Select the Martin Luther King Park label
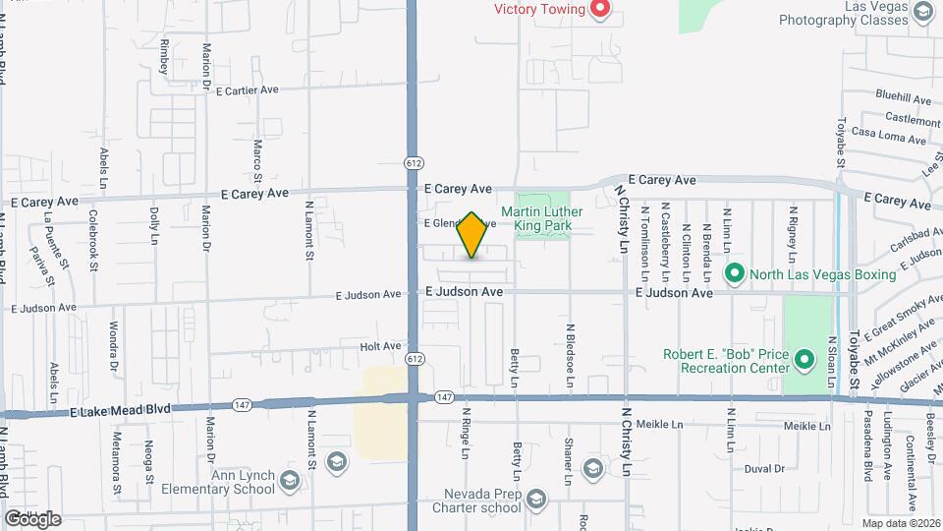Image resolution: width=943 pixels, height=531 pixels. point(542,218)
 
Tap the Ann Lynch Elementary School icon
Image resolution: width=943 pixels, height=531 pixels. point(290,481)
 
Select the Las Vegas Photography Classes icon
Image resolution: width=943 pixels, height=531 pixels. point(921,11)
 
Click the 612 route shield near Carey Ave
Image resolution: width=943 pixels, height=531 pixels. point(413,162)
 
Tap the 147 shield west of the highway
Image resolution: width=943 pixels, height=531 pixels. point(242,404)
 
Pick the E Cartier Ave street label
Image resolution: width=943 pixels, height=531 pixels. point(238,89)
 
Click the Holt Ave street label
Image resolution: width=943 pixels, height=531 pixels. point(380,346)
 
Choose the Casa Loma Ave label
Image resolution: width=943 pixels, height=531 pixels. point(888,134)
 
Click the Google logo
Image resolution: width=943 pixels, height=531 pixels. point(32,518)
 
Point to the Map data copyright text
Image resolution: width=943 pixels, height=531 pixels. point(901,523)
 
